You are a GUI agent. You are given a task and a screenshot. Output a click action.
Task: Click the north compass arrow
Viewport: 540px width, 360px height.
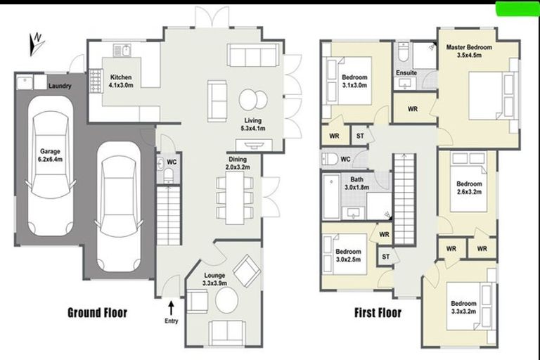click(35, 44)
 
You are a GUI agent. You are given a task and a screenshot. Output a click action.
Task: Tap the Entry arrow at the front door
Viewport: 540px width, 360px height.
click(171, 308)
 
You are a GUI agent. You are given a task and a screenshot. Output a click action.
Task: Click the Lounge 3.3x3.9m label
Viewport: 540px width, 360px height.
click(214, 279)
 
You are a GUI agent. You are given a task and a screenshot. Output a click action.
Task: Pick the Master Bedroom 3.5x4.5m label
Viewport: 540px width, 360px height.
click(469, 51)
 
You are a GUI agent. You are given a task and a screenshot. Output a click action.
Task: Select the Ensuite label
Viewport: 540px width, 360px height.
click(406, 72)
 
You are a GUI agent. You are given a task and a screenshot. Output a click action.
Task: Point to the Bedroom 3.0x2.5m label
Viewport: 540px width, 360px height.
click(347, 255)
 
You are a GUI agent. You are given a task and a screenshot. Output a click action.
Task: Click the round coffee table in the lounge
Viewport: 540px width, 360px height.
click(226, 302)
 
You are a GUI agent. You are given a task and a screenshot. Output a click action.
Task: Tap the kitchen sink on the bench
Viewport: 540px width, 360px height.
click(124, 51)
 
